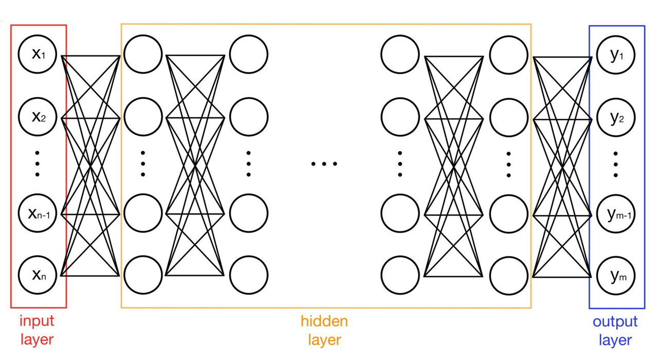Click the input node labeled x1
coord(38,54)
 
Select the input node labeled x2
coord(38,117)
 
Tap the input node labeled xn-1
coord(38,213)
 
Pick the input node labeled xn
coord(38,275)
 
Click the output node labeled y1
coord(616,54)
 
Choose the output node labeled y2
coord(616,117)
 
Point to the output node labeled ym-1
coord(616,213)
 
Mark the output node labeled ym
coord(616,275)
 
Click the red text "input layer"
coord(37,330)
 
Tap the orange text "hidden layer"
coord(324,330)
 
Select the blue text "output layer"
coord(615,330)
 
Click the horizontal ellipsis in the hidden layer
coord(324,164)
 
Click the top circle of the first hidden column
coord(143,54)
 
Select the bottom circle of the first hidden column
coord(143,275)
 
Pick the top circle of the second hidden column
coord(249,54)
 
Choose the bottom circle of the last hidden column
coord(509,275)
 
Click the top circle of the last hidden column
coord(509,54)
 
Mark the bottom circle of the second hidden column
coord(249,275)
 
